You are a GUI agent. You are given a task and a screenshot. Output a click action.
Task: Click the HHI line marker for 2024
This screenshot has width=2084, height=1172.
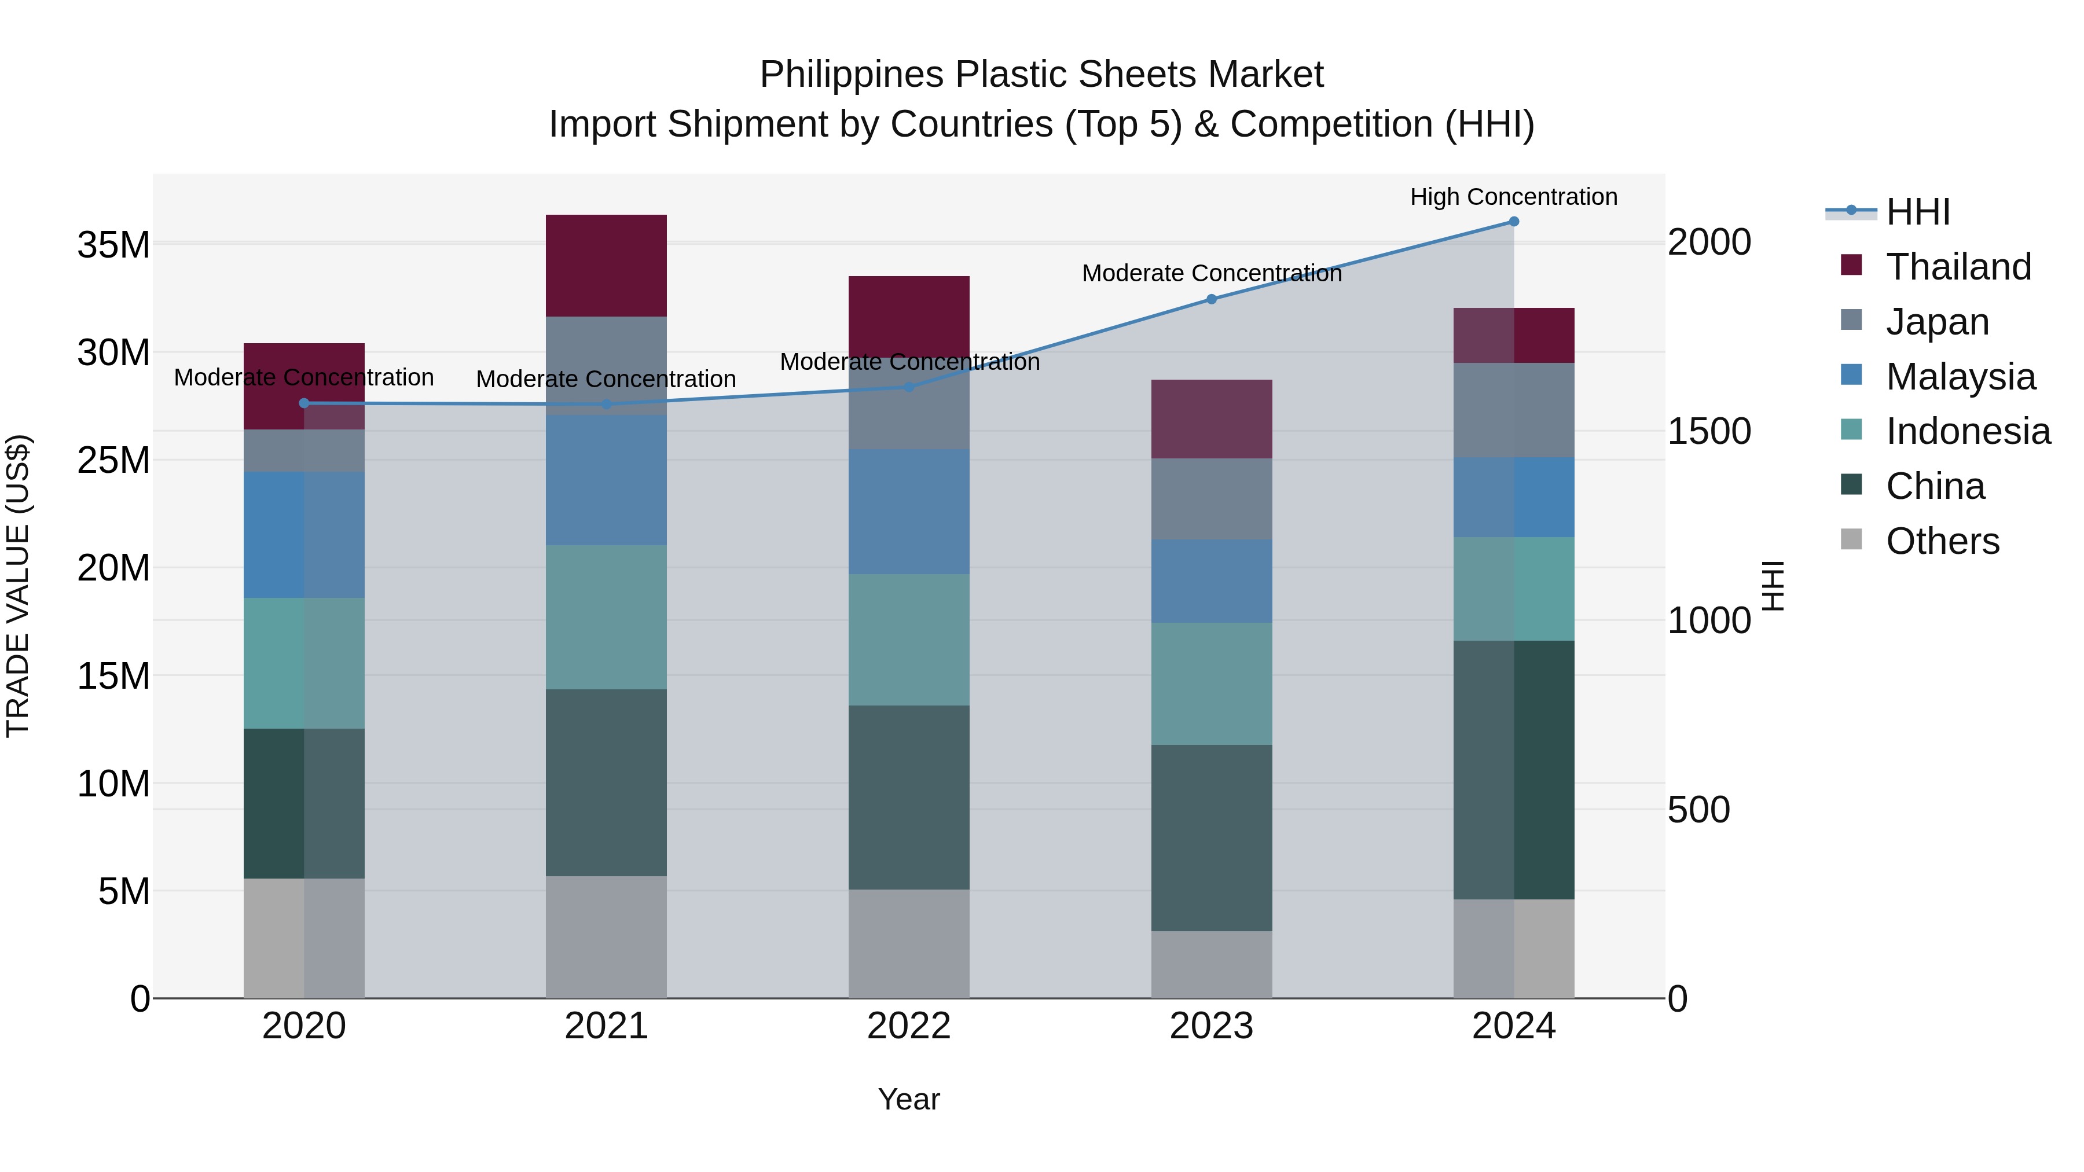(x=1514, y=222)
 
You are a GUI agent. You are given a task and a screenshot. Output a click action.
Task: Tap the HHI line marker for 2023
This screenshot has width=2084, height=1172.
(x=1211, y=299)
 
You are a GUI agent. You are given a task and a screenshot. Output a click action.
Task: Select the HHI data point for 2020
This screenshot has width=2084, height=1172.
(x=304, y=403)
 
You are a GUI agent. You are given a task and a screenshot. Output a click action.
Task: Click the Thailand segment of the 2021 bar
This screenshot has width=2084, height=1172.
(x=606, y=265)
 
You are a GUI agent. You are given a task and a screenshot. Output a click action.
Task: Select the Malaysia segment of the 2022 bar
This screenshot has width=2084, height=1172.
(x=908, y=512)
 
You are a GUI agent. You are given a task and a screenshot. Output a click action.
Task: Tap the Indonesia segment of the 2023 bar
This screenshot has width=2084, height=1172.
(x=1211, y=684)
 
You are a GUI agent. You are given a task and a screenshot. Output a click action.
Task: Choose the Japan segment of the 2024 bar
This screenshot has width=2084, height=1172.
(x=1514, y=410)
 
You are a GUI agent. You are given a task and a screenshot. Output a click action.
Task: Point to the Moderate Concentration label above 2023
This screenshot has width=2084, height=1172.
(x=1211, y=273)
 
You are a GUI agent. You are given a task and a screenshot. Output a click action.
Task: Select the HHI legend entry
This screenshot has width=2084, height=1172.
(x=1917, y=212)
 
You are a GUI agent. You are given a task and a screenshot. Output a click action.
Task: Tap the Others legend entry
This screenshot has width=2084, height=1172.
(x=1942, y=541)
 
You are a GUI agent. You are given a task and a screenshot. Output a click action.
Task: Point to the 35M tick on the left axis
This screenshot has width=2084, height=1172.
(x=113, y=244)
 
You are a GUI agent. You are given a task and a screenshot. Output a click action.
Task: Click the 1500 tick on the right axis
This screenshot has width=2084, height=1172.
(x=1709, y=431)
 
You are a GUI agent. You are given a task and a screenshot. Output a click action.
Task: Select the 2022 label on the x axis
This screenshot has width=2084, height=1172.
(x=908, y=1026)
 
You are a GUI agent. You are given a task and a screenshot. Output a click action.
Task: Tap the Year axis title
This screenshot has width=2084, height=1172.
(x=908, y=1099)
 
